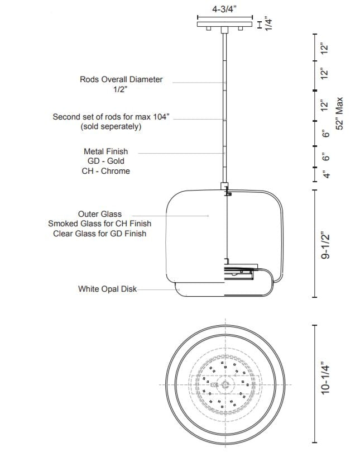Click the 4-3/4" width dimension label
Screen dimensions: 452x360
(x=224, y=9)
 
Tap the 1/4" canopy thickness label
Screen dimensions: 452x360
(x=268, y=23)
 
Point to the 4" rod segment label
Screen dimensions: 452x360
(x=328, y=174)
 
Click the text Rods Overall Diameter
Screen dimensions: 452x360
(x=121, y=79)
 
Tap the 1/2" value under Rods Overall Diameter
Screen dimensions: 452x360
(x=121, y=89)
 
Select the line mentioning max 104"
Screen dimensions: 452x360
(x=111, y=117)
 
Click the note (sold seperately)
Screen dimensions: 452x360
(x=111, y=127)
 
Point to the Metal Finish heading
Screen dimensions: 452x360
(x=105, y=151)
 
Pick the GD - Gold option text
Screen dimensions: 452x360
(x=105, y=161)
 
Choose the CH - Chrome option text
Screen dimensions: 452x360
(x=105, y=171)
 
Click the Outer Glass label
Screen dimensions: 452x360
(x=100, y=213)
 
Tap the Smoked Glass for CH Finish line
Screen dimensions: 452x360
(x=100, y=223)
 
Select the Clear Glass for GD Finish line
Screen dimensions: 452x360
(x=100, y=234)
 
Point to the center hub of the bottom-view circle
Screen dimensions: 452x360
(x=225, y=384)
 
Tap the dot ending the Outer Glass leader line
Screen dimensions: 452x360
(x=208, y=215)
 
